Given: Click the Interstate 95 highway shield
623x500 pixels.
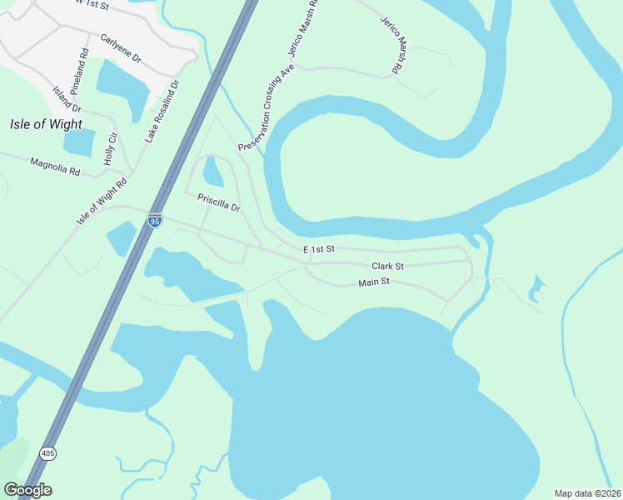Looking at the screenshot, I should [x=154, y=220].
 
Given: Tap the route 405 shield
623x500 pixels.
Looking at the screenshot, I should [x=47, y=453].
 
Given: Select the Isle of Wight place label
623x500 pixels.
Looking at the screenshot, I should [x=46, y=125].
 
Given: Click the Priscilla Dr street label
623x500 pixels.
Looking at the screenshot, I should [x=218, y=202].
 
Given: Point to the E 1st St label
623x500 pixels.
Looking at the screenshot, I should [x=318, y=249].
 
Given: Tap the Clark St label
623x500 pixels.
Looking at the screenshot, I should [x=387, y=267].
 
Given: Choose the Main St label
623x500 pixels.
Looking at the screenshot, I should [x=374, y=283].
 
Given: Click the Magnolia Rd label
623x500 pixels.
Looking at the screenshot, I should [x=55, y=167].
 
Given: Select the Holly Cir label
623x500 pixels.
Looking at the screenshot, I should [x=110, y=148].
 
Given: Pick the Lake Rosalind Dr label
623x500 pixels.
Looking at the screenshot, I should [x=162, y=111].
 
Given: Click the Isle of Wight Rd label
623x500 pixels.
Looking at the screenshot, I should [x=102, y=201].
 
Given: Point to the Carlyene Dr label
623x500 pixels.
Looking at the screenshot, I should [x=122, y=49].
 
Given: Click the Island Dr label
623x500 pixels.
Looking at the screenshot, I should [x=67, y=99].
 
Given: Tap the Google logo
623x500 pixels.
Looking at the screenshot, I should [x=27, y=490].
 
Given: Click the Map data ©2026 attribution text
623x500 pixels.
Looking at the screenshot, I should [x=586, y=493].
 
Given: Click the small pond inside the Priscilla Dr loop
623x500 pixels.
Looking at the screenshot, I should [x=213, y=172].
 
